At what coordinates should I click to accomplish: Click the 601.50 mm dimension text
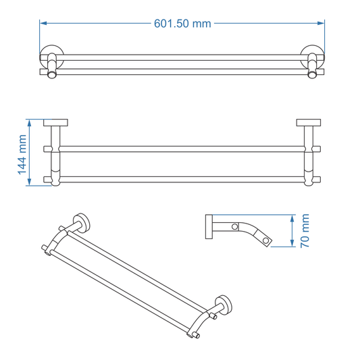point(182,24)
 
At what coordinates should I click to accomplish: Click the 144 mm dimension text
point(22,154)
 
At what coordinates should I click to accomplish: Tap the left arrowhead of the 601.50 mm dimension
point(43,24)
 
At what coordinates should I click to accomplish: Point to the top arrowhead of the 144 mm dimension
point(29,122)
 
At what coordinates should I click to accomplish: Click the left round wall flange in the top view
point(51,57)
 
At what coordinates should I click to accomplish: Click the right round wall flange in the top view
point(313,57)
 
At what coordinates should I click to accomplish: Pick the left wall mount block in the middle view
point(55,123)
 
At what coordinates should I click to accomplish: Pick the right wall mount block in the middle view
point(308,123)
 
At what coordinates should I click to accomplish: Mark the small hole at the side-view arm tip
point(267,240)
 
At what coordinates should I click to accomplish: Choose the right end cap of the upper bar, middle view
point(317,148)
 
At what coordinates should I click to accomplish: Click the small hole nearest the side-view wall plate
point(236,226)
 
